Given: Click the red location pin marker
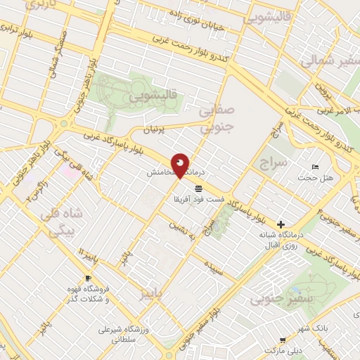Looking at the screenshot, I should tap(181, 164).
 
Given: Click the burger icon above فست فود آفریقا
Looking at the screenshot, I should tap(199, 188).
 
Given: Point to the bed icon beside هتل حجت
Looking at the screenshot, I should tap(315, 167).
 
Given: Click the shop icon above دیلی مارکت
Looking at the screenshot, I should tap(282, 339).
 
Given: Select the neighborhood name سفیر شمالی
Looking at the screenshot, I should tap(330, 62).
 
